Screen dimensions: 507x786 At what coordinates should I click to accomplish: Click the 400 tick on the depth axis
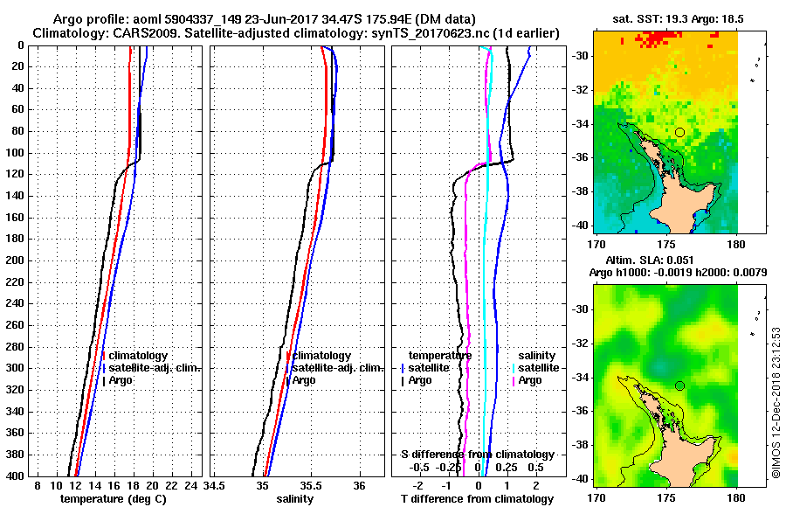pyautogui.click(x=16, y=476)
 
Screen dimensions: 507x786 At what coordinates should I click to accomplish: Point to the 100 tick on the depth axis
pyautogui.click(x=16, y=153)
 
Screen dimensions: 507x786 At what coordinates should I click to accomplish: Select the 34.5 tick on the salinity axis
pyautogui.click(x=215, y=485)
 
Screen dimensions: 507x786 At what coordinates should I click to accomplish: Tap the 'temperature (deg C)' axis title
pyautogui.click(x=113, y=499)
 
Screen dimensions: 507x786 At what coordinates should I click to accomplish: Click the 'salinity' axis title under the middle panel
pyautogui.click(x=295, y=499)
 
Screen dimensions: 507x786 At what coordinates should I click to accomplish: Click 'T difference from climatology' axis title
pyautogui.click(x=477, y=499)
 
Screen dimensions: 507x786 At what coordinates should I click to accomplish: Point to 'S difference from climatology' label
pyautogui.click(x=477, y=455)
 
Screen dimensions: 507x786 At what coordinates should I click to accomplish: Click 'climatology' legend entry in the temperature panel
pyautogui.click(x=137, y=356)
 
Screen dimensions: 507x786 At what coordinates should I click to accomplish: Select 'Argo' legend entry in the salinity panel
pyautogui.click(x=304, y=380)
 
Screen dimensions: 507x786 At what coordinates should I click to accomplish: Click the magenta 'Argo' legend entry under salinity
pyautogui.click(x=530, y=380)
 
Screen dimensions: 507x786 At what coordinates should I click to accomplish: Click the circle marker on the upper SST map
pyautogui.click(x=679, y=132)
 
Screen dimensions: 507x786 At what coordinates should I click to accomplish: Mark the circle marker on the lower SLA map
pyautogui.click(x=679, y=385)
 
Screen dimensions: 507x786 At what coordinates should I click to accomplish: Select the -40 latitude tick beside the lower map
pyautogui.click(x=752, y=478)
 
